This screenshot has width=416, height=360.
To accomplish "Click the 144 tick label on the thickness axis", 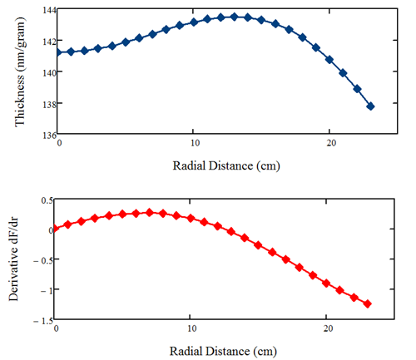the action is pyautogui.click(x=49, y=10).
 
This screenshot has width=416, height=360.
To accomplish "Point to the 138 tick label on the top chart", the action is pyautogui.click(x=49, y=104).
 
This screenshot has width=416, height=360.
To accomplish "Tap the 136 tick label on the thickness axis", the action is pyautogui.click(x=49, y=135).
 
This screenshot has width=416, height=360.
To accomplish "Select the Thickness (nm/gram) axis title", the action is pyautogui.click(x=20, y=72).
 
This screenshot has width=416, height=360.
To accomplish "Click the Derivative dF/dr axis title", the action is pyautogui.click(x=13, y=259).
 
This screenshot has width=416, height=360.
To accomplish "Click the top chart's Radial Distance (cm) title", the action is pyautogui.click(x=226, y=166).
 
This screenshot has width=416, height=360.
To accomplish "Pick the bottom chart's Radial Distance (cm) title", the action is pyautogui.click(x=223, y=352).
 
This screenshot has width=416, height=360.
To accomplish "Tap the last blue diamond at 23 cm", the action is pyautogui.click(x=370, y=106).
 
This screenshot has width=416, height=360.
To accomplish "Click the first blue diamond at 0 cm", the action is pyautogui.click(x=58, y=52).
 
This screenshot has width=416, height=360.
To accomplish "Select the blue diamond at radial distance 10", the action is pyautogui.click(x=194, y=22).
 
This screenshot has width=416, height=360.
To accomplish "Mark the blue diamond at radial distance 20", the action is pyautogui.click(x=329, y=60).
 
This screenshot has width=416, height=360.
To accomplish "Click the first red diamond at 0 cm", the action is pyautogui.click(x=55, y=229).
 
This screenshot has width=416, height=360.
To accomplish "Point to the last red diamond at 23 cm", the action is pyautogui.click(x=368, y=304).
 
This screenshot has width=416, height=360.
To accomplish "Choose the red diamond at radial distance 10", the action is pyautogui.click(x=191, y=218).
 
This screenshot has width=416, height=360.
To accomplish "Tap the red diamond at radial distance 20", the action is pyautogui.click(x=326, y=284).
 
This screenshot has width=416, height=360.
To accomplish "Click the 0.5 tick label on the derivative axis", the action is pyautogui.click(x=47, y=200).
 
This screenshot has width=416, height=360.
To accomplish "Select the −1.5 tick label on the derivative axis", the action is pyautogui.click(x=43, y=321).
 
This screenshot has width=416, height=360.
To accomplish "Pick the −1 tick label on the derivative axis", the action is pyautogui.click(x=47, y=290).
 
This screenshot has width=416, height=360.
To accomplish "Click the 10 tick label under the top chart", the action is pyautogui.click(x=195, y=143).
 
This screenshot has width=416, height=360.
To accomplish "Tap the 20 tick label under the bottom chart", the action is pyautogui.click(x=328, y=328).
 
